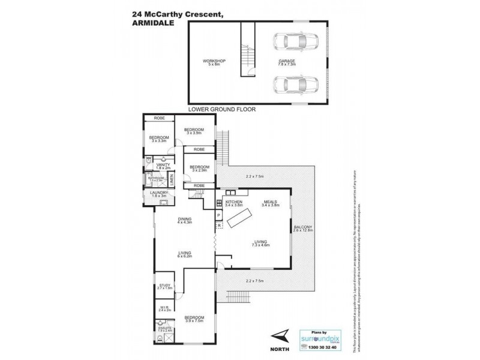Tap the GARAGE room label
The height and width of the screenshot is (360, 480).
tap(285, 61)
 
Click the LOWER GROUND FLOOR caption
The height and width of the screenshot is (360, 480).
tap(222, 110)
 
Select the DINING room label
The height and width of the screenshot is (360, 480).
tap(184, 220)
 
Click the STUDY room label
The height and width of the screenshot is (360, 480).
tap(164, 286)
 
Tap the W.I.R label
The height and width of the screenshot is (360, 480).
tap(164, 308)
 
